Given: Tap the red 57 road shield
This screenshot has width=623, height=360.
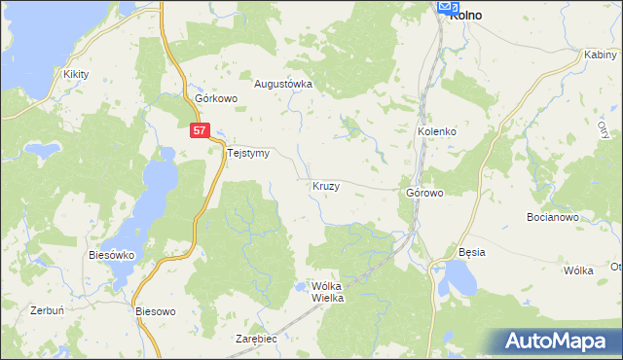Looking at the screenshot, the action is point(200,129).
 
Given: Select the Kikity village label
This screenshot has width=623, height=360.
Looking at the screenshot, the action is point(76,73).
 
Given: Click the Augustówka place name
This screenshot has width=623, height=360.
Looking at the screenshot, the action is point(283,84).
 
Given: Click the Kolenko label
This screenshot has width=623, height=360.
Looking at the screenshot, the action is point(437,131).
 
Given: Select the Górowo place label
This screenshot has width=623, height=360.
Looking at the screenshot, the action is point(424,193).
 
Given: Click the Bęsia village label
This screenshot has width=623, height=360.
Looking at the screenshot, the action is point(472,252).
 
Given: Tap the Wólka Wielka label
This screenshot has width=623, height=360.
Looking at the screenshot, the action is point(328,292).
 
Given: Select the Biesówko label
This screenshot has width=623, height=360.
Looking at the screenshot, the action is point(111,255).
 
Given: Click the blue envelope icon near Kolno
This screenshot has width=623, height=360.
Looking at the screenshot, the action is point(448,7).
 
